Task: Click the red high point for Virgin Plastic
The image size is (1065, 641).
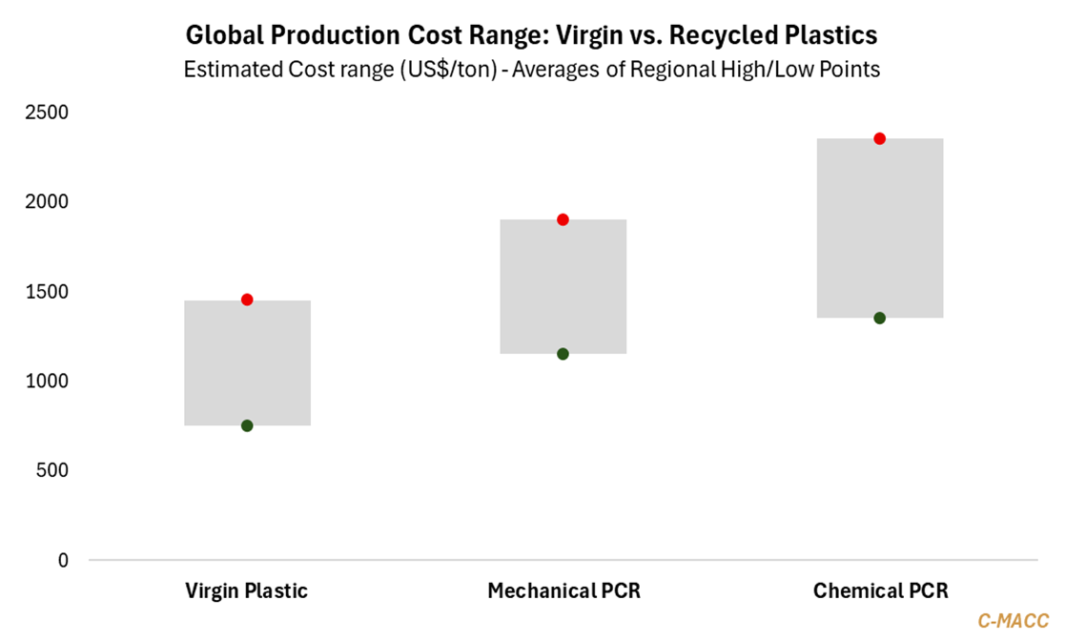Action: pyautogui.click(x=247, y=300)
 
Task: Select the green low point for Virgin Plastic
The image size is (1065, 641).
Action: pyautogui.click(x=247, y=425)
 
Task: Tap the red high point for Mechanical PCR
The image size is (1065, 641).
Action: pyautogui.click(x=563, y=219)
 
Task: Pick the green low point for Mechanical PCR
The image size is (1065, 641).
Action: pyautogui.click(x=563, y=354)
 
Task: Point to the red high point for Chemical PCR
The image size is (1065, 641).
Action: pyautogui.click(x=880, y=138)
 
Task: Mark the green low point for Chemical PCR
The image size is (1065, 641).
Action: pyautogui.click(x=880, y=318)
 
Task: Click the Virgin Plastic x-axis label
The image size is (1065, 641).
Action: pyautogui.click(x=246, y=591)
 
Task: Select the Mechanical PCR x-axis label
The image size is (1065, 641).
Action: pyautogui.click(x=563, y=591)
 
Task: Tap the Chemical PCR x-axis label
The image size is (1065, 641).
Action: pyautogui.click(x=880, y=591)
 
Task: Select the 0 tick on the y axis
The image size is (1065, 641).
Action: pyautogui.click(x=63, y=560)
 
